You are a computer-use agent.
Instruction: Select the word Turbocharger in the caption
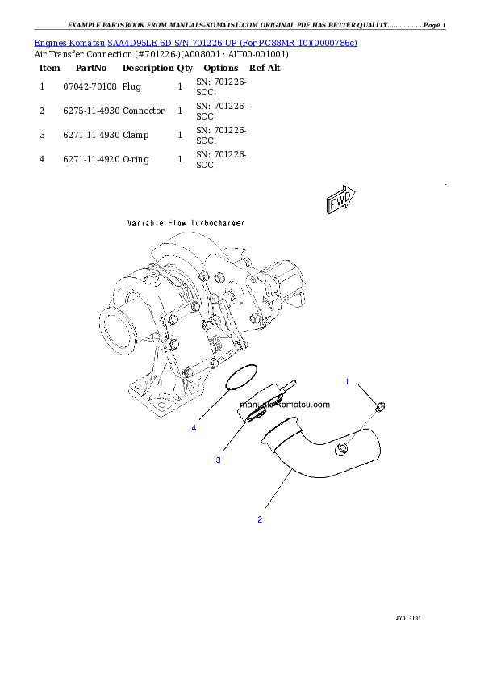217,222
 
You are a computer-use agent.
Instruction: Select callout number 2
260,519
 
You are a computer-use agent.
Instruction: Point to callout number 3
218,460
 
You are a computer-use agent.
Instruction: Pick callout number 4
194,428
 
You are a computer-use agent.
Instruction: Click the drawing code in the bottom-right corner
409,618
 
